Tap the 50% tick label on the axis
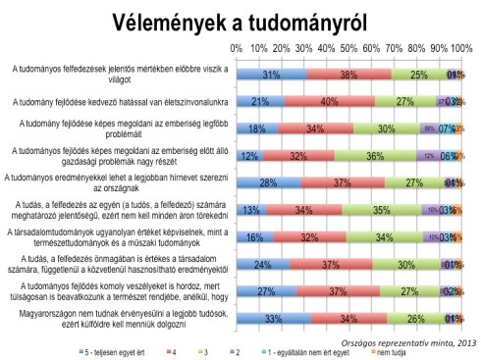[349, 47]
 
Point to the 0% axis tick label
[237, 47]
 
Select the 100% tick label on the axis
[462, 47]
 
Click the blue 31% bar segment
[271, 74]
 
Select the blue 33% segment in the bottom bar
[273, 318]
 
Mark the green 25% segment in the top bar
[419, 74]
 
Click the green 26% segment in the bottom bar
[417, 318]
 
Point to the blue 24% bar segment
[263, 264]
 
